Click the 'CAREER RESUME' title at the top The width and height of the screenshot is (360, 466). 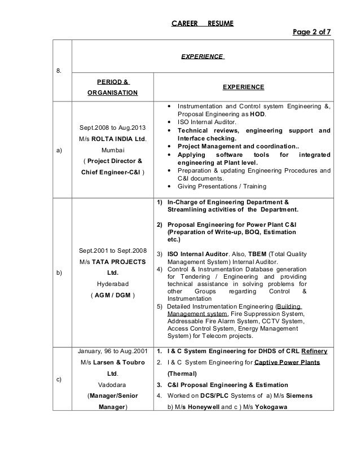203,23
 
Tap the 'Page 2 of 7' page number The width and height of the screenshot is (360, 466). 311,33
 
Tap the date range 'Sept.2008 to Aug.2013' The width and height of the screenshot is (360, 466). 111,128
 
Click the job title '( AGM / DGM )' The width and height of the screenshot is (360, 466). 111,295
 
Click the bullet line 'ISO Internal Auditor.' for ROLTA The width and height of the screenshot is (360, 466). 208,121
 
